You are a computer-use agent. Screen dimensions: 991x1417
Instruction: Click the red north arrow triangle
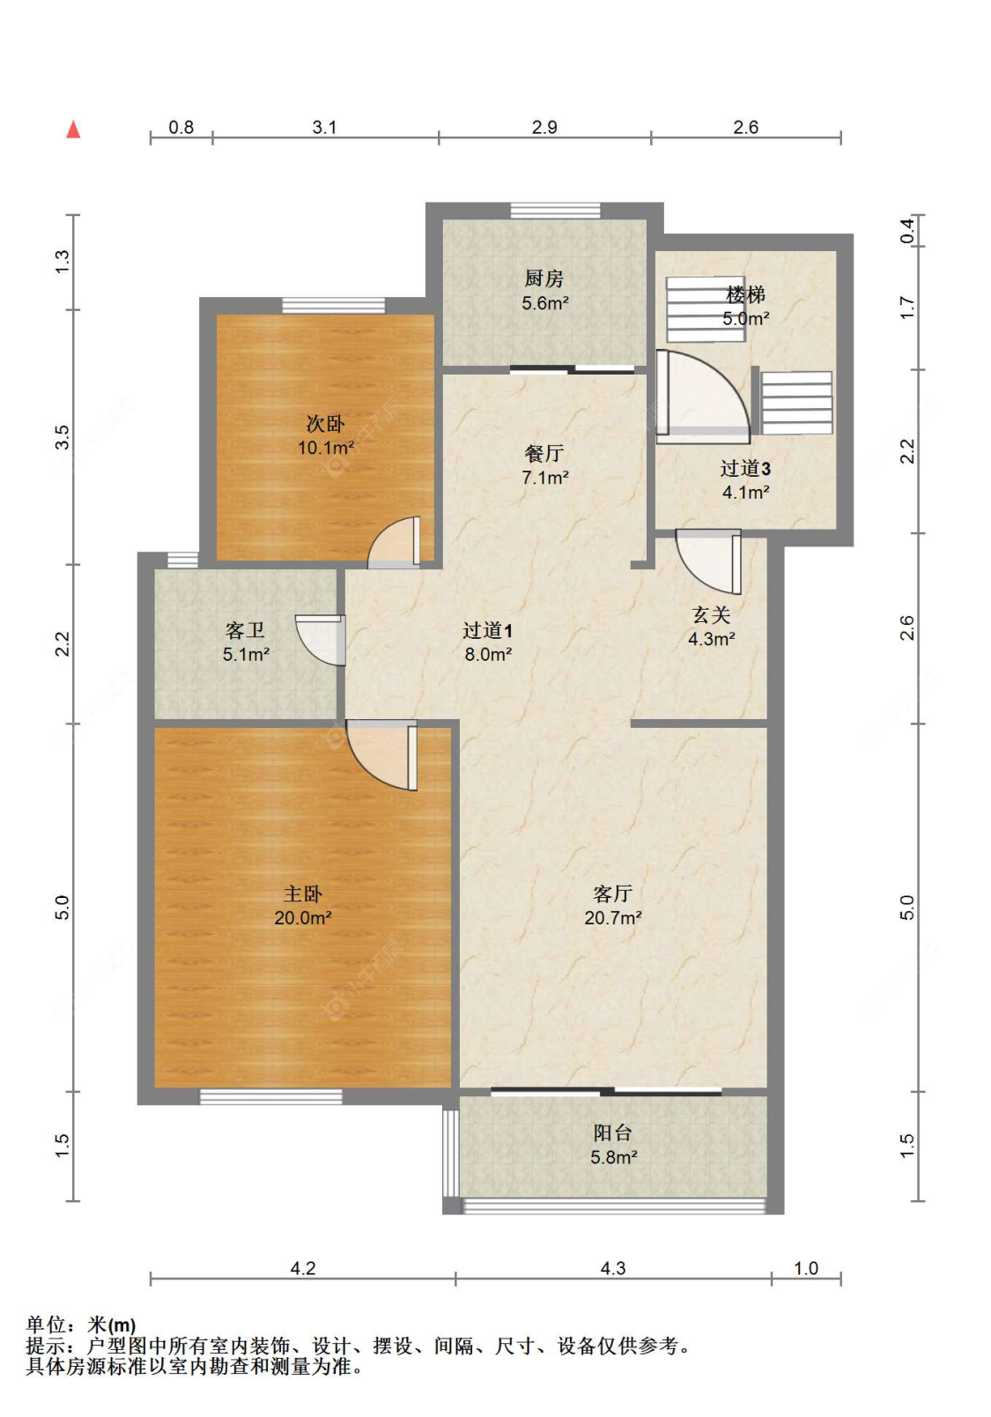pos(74,129)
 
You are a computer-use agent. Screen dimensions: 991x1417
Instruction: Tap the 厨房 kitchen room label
pos(544,278)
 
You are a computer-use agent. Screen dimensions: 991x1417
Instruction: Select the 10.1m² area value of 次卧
pos(326,448)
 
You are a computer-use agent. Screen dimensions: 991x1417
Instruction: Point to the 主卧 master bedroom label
pos(303,894)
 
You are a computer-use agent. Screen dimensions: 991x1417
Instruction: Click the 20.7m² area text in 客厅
pos(613,917)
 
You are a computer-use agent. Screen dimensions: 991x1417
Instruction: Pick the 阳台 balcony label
pos(613,1132)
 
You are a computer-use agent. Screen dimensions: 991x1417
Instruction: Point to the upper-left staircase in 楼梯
pos(705,309)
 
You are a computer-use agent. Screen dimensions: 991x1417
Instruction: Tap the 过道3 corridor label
pos(745,469)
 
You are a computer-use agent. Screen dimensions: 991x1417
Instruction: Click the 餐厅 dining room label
pos(544,454)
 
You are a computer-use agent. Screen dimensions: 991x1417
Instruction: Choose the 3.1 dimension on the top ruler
pos(324,128)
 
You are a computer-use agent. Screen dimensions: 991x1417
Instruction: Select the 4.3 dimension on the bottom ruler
pos(613,1268)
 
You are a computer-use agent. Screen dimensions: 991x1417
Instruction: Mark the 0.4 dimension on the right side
pos(907,230)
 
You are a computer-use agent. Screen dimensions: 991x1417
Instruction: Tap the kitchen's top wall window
pos(555,211)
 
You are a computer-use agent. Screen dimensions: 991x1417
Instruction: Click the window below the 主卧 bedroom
pos(271,1097)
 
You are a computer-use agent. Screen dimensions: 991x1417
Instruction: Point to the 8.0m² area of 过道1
pos(488,654)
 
